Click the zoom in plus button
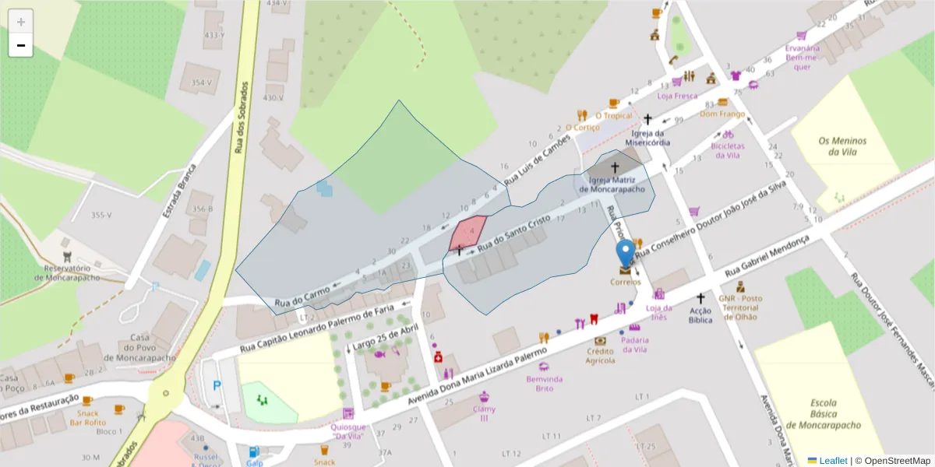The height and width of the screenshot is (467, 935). point(21,22)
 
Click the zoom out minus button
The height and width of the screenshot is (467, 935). point(21,46)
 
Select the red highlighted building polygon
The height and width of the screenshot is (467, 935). point(467,233)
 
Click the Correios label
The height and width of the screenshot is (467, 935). point(625,282)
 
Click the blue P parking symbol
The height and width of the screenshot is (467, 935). point(217,384)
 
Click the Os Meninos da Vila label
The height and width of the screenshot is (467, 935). point(842,146)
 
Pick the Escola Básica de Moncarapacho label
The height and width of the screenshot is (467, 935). point(824,414)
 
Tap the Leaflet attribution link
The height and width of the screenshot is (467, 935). point(831,461)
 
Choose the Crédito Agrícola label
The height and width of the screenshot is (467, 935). point(600,356)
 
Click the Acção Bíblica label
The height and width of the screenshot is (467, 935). point(700,314)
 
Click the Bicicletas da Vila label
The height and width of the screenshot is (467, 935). point(727,150)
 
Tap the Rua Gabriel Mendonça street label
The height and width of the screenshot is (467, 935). point(767,255)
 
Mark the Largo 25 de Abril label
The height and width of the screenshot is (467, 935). point(376,335)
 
